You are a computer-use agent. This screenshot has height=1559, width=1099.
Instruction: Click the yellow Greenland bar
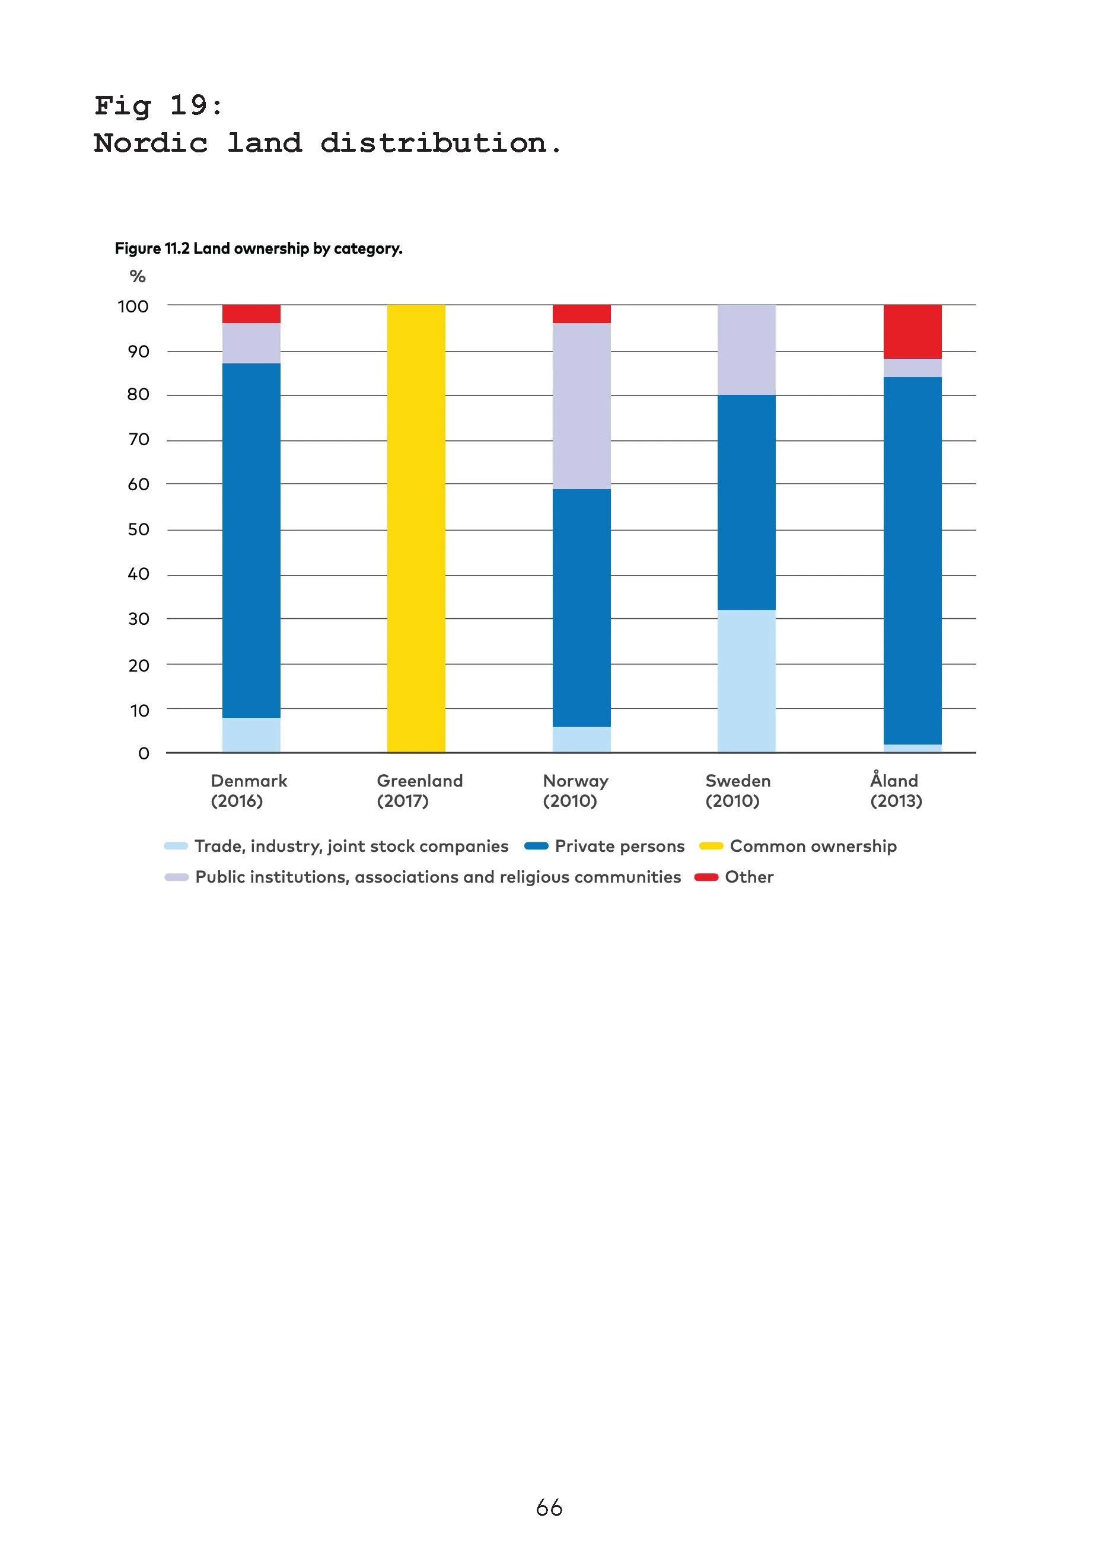coord(416,528)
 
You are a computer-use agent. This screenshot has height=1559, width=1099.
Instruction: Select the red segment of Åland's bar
coord(912,331)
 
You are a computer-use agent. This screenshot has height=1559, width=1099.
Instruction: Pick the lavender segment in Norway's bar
coord(581,406)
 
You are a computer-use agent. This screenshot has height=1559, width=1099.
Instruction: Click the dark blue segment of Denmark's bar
coord(251,541)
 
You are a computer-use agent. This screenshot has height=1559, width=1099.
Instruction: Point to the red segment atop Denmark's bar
coord(251,314)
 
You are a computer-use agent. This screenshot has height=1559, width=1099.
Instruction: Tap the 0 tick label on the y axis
coord(144,753)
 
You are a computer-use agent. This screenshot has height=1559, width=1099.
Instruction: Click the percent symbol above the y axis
coord(137,276)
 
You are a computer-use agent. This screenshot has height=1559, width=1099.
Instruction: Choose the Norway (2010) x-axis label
coord(575,790)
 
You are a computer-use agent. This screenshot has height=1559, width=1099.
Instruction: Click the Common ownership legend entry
coord(813,846)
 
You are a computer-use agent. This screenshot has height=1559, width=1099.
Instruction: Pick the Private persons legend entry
coord(619,846)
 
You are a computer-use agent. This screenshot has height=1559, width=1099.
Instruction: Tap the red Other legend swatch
coord(706,877)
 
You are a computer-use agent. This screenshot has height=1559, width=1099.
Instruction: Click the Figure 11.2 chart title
coord(258,248)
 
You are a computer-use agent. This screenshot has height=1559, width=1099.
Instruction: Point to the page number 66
coord(549,1507)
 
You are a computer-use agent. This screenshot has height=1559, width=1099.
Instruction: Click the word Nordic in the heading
coord(150,143)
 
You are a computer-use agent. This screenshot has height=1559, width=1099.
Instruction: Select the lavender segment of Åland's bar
coord(912,368)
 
